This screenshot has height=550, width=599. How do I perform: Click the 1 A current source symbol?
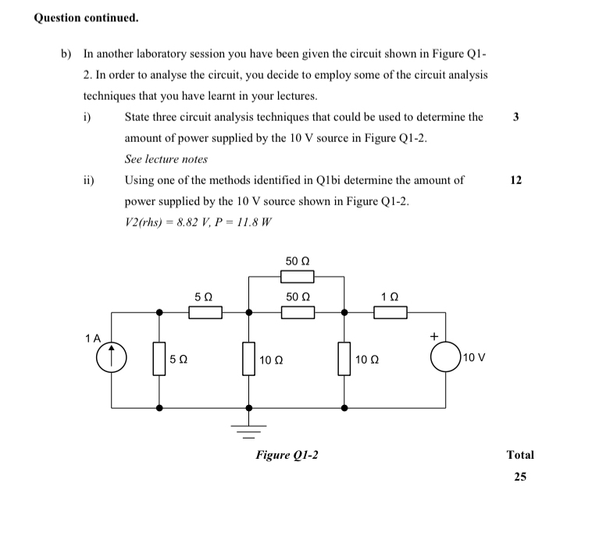[x=111, y=360]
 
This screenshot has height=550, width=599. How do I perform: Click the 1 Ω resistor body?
[x=390, y=313]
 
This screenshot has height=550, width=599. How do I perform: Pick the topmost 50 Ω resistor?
[x=297, y=276]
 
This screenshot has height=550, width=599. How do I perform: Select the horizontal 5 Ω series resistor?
[x=205, y=313]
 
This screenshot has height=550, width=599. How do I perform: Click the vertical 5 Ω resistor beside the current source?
[x=160, y=360]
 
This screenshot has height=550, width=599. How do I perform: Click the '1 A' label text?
[x=94, y=339]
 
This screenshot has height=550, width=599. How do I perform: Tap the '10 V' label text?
[x=474, y=359]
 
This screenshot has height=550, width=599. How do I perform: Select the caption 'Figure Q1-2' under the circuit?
[x=287, y=455]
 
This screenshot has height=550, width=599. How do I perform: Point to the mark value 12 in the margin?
[x=515, y=179]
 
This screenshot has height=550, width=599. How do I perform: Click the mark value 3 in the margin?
[x=515, y=117]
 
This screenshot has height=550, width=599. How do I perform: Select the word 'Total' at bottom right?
[x=520, y=455]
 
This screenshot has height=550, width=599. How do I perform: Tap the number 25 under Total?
[x=520, y=477]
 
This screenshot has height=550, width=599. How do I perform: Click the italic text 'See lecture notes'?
[x=166, y=159]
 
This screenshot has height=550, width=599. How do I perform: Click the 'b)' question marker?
[x=66, y=55]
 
